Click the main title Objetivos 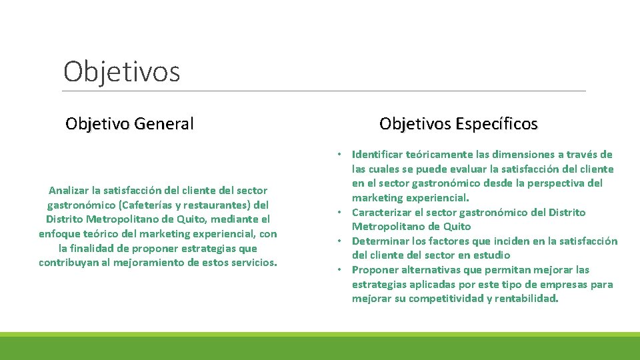121,72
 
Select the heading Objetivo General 129,123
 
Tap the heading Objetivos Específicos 458,123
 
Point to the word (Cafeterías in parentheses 144,205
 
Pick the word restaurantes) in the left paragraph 221,205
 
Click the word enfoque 60,233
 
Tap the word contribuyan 71,262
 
